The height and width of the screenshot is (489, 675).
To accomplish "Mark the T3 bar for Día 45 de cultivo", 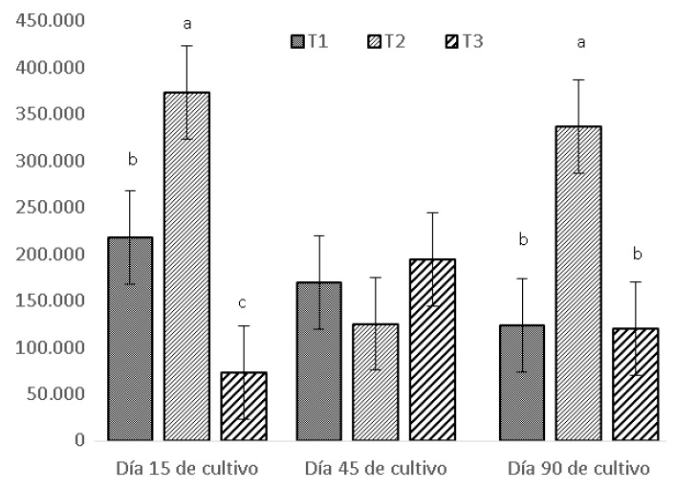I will tap(433, 349).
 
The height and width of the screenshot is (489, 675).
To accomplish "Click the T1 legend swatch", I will tap(296, 41).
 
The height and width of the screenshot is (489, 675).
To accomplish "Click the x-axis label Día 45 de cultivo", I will tap(376, 470).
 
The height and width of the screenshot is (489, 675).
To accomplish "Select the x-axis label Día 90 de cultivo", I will tap(577, 470).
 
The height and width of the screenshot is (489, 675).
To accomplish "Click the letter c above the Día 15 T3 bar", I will tap(243, 303).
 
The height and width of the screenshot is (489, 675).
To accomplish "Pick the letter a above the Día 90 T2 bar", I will tap(578, 43).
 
